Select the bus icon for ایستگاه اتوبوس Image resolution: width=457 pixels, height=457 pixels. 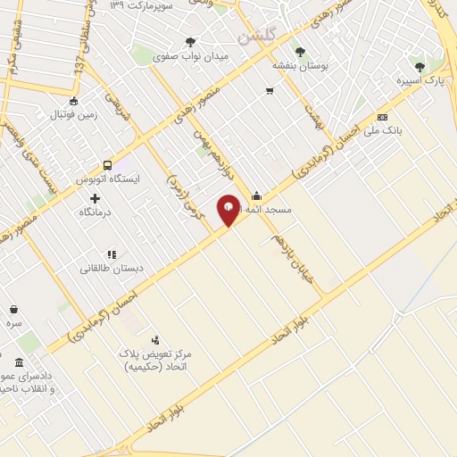click(108, 165)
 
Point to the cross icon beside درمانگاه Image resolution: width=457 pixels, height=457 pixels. click(95, 197)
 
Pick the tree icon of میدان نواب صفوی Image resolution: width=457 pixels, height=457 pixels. click(190, 41)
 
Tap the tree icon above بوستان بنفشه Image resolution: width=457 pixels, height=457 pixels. click(300, 52)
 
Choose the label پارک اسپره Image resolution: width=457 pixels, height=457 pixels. click(420, 80)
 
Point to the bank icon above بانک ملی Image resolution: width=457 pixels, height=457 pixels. click(382, 118)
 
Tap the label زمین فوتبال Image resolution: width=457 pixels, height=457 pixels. click(71, 115)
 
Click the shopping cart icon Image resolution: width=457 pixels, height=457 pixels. click(269, 90)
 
